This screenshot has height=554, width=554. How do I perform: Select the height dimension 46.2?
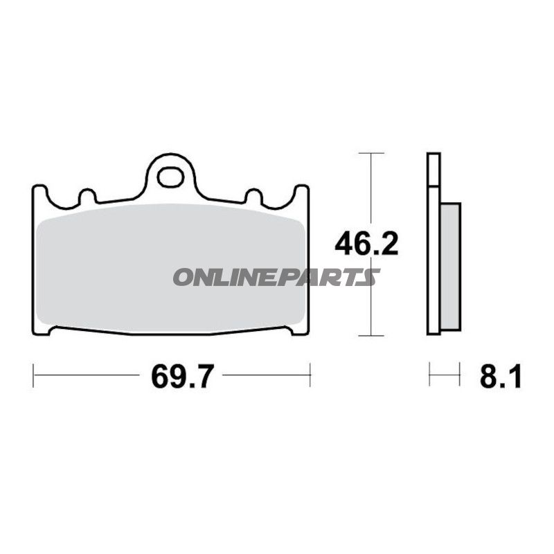click(366, 244)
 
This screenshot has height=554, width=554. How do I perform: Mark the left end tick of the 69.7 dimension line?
click(34, 377)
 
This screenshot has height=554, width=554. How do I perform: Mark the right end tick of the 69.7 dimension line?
click(310, 377)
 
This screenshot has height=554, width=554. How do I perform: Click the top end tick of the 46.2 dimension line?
click(373, 152)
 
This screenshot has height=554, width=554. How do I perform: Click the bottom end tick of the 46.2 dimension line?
click(373, 336)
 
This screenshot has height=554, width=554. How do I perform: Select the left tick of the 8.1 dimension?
click(429, 377)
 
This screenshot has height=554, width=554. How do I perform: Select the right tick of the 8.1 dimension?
click(460, 377)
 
